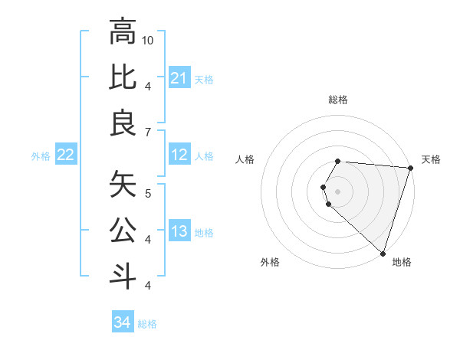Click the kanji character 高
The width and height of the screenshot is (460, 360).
coord(123,32)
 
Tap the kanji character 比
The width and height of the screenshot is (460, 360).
coord(123,78)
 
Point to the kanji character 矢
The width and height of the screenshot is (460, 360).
coord(123,185)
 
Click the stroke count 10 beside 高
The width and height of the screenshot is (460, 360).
coord(148,40)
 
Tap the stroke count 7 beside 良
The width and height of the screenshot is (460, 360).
coord(148,133)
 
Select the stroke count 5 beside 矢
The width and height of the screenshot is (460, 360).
coord(148,193)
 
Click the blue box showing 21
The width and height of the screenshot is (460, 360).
coord(179,78)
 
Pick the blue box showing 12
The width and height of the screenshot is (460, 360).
coord(179,155)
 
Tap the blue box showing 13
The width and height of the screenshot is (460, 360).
coord(179,232)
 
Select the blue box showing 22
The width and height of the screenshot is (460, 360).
coord(65,155)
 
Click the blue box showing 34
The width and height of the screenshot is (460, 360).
coord(122,323)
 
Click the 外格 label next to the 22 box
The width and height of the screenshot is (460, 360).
coord(41,156)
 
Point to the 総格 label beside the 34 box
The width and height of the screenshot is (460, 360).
coord(147,324)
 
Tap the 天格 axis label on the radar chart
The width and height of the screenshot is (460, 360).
coord(431,159)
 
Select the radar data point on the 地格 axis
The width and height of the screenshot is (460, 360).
coord(383,253)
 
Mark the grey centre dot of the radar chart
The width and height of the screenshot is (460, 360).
coord(338,191)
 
